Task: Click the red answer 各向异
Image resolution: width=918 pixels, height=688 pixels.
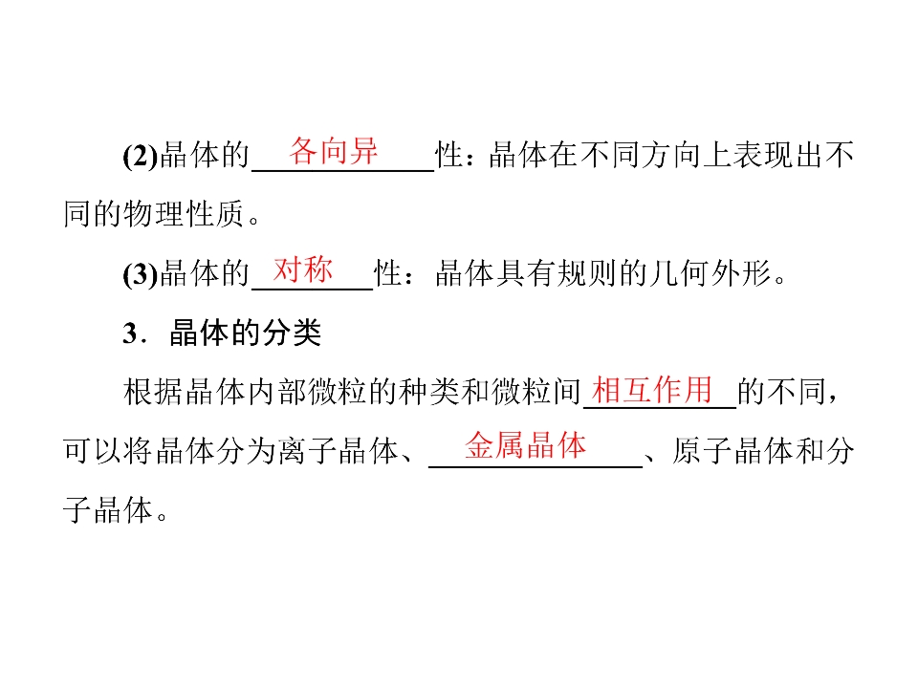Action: (x=333, y=151)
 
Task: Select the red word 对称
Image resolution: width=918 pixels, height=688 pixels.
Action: (x=303, y=269)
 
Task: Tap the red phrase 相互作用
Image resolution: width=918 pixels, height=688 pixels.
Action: (x=651, y=389)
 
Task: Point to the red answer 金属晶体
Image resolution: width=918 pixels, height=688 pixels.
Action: (x=525, y=446)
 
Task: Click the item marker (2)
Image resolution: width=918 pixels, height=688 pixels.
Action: (x=141, y=156)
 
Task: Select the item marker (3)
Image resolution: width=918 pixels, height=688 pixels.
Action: (x=141, y=274)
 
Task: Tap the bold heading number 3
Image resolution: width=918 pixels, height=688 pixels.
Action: (x=130, y=333)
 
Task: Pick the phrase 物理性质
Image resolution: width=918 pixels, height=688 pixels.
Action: (x=184, y=213)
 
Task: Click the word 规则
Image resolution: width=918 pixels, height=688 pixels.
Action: (x=588, y=273)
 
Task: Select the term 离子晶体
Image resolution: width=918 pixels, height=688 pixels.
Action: (x=338, y=451)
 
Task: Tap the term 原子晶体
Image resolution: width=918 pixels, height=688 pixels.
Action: (x=732, y=451)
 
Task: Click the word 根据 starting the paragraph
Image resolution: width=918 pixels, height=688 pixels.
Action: (x=153, y=392)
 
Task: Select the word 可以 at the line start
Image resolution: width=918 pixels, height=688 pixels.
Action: (x=93, y=451)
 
